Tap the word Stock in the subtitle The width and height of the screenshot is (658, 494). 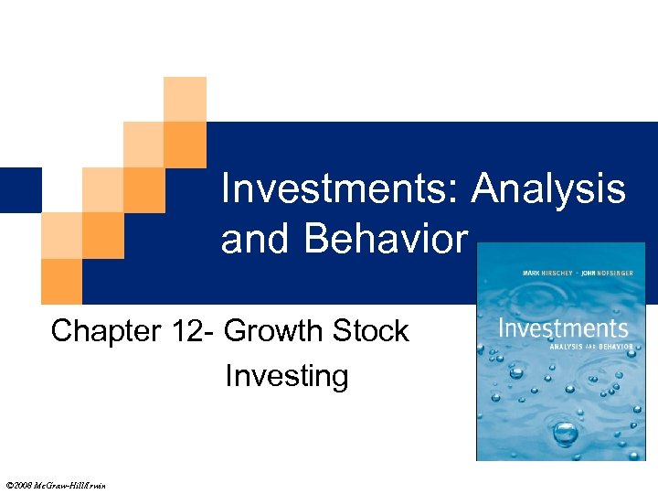(x=370, y=331)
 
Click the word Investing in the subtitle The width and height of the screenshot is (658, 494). (x=286, y=376)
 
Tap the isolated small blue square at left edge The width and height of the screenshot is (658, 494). (x=20, y=190)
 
